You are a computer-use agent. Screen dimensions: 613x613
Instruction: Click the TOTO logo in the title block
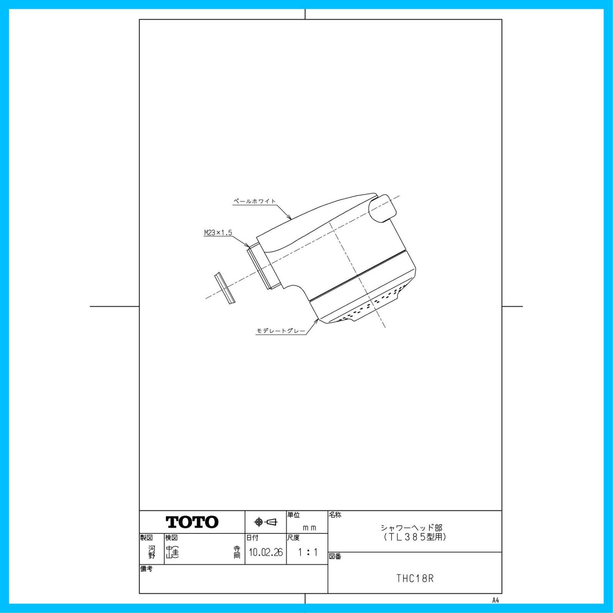pyautogui.click(x=192, y=522)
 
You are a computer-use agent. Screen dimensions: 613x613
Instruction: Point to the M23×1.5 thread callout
pyautogui.click(x=218, y=233)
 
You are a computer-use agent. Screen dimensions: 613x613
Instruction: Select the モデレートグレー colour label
pyautogui.click(x=281, y=331)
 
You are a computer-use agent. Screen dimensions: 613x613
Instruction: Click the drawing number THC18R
pyautogui.click(x=415, y=579)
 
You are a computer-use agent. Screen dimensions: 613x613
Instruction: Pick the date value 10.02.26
pyautogui.click(x=266, y=552)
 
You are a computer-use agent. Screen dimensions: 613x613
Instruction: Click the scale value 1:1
pyautogui.click(x=308, y=552)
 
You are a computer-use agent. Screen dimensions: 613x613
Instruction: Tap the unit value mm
pyautogui.click(x=310, y=528)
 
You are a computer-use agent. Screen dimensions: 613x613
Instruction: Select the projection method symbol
pyautogui.click(x=266, y=522)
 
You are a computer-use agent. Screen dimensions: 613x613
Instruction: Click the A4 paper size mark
pyautogui.click(x=496, y=600)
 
